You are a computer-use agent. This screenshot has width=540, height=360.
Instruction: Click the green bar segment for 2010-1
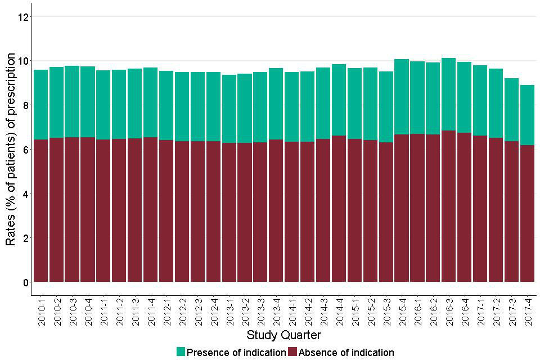tap(41, 105)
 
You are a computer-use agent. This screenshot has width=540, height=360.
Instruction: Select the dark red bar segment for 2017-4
tap(527, 213)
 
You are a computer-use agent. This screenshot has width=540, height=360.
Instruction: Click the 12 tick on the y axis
tap(22, 17)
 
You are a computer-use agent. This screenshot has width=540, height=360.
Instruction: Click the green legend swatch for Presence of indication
tap(181, 352)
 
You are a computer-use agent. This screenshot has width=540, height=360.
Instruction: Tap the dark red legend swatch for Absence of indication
tap(292, 352)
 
